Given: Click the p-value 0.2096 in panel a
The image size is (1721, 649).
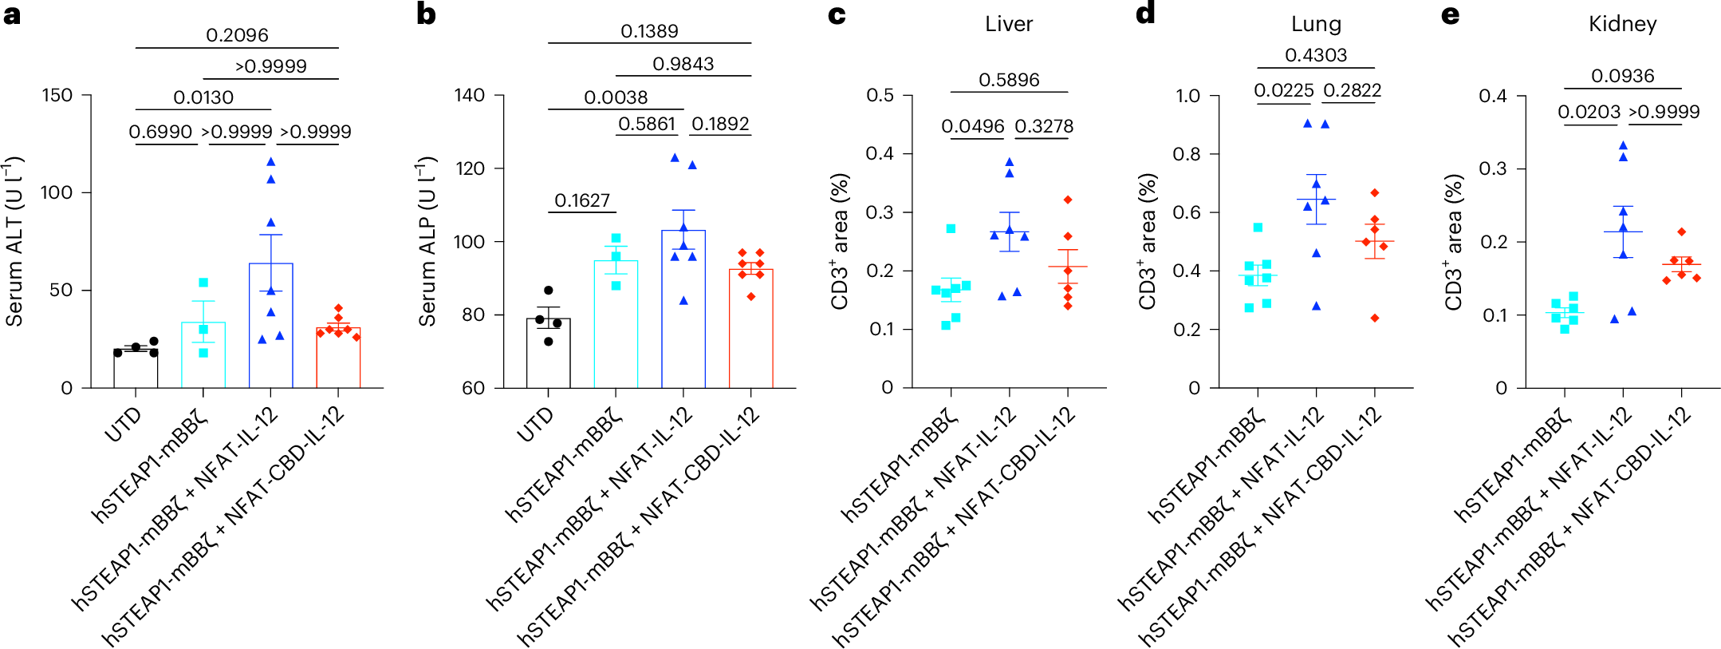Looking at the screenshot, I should click(x=237, y=35).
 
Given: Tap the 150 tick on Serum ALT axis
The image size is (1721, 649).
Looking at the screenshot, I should click(x=57, y=96).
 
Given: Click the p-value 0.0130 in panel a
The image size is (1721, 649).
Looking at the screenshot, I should click(x=203, y=97).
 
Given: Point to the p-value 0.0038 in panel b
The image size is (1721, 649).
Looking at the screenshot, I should click(x=616, y=97).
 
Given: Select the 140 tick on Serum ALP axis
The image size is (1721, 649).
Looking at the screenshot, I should click(x=470, y=96).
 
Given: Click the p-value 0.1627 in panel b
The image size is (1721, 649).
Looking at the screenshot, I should click(x=582, y=200).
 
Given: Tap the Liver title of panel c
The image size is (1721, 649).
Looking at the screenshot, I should click(x=1009, y=24).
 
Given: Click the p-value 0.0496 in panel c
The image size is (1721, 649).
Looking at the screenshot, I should click(x=972, y=126).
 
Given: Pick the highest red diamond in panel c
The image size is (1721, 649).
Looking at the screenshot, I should click(x=1068, y=200).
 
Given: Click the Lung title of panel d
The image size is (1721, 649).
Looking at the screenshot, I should click(x=1316, y=24).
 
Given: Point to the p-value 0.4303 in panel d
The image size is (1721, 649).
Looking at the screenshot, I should click(x=1316, y=55).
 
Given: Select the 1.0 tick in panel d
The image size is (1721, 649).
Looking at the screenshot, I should click(x=1187, y=96).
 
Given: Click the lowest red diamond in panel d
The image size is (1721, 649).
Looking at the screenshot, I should click(x=1375, y=318).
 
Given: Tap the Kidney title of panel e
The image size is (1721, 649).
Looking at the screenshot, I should click(x=1622, y=24).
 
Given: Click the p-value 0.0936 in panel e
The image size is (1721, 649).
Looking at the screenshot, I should click(x=1622, y=76).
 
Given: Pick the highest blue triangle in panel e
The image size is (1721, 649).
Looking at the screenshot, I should click(x=1623, y=145).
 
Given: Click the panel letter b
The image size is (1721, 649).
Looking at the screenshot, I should click(x=426, y=14).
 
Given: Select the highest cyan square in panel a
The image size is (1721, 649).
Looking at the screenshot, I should click(x=203, y=283).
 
